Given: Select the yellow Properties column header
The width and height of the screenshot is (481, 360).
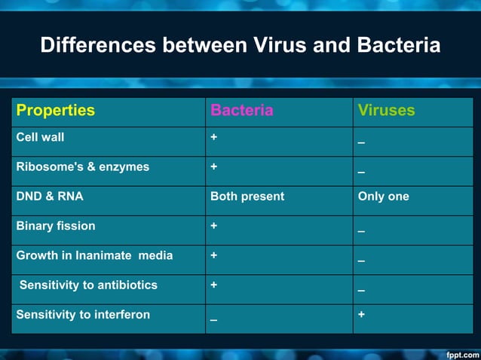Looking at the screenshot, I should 56,111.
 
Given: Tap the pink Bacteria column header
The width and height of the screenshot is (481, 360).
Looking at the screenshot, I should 241,111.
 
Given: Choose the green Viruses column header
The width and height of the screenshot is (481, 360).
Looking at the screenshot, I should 386,111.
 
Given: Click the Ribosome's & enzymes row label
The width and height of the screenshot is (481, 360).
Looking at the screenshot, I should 83,167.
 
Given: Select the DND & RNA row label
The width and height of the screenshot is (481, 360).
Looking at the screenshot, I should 50,197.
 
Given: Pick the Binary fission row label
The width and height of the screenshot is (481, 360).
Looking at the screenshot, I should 56,226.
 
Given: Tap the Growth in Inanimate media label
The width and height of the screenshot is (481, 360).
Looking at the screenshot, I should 94,255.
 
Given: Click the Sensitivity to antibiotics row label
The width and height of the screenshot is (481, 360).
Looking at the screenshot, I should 88,285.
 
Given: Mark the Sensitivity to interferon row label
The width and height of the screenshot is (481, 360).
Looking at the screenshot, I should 83,315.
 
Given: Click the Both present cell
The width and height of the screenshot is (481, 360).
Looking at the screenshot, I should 247,197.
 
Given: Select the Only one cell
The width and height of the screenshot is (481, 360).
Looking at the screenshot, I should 384,197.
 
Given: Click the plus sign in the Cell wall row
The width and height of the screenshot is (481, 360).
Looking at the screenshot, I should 214,138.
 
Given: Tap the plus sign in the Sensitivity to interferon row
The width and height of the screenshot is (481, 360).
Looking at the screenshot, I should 362,314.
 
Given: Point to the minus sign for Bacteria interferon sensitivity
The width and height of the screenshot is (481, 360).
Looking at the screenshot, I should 214,320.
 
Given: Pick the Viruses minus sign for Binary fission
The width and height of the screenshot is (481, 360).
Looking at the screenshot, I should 362,231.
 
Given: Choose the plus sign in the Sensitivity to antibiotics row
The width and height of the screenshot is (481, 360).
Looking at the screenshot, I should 214,285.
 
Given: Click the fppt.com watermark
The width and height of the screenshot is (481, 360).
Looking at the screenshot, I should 462,353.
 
